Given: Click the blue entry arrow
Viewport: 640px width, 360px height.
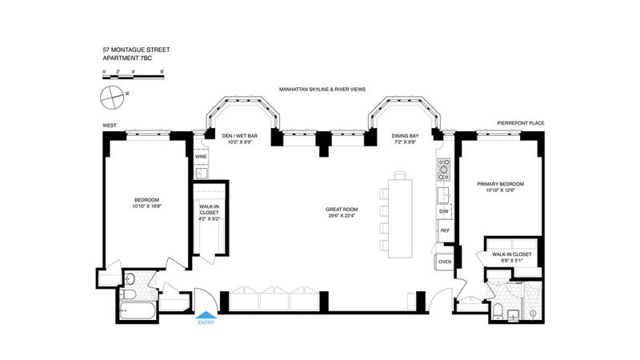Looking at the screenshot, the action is [206, 314].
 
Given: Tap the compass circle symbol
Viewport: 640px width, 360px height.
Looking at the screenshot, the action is [112, 98].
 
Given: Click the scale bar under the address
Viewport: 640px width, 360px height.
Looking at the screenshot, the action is [133, 76].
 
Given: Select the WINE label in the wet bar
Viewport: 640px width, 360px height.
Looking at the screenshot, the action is [201, 157].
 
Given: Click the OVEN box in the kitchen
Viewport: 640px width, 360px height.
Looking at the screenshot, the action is [445, 262].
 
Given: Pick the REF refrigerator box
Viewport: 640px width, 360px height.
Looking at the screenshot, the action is [445, 230].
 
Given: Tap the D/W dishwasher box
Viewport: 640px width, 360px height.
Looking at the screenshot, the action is [444, 211].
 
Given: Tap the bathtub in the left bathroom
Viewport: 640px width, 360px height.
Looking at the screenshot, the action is [138, 311].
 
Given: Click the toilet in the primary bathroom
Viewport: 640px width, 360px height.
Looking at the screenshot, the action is [498, 311].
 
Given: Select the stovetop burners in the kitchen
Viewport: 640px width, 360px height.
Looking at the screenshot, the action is [444, 170].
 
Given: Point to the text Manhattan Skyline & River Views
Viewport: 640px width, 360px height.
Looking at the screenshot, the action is [322, 89].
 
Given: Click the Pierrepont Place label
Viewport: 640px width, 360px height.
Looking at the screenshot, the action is [521, 123].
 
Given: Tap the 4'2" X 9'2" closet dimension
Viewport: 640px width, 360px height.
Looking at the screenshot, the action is [210, 218].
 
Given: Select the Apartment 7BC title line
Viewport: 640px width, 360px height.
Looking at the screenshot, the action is [127, 58].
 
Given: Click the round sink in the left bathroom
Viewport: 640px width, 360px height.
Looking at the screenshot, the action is [130, 279].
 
